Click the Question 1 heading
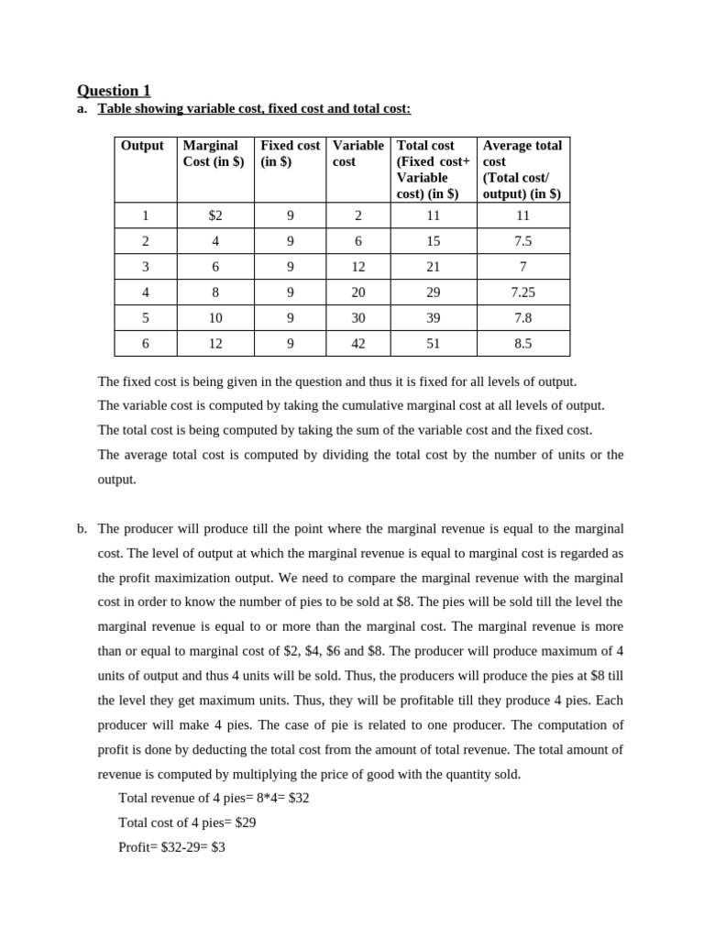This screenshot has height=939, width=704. (x=114, y=90)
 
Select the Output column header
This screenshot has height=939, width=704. (x=142, y=145)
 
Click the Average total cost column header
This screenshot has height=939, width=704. (x=522, y=170)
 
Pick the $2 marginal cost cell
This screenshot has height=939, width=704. (x=215, y=215)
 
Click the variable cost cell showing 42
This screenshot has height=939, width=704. (x=358, y=344)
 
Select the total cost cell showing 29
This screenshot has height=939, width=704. (x=434, y=293)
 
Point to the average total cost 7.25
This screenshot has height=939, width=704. (x=522, y=293)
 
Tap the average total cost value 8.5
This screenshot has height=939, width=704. (x=522, y=344)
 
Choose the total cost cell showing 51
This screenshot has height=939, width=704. (x=434, y=344)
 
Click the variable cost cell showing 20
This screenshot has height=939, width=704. (x=358, y=293)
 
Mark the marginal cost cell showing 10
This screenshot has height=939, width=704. (x=215, y=318)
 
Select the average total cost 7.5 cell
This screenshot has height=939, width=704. (x=522, y=241)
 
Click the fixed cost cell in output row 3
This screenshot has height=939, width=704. (x=290, y=267)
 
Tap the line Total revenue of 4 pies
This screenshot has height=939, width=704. (x=214, y=798)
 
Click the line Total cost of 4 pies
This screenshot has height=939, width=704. (x=187, y=823)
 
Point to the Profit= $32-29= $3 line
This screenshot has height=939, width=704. (x=172, y=847)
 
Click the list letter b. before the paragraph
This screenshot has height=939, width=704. (x=82, y=529)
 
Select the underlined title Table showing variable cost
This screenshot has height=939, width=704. (x=255, y=109)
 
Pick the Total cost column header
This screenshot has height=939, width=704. (x=434, y=170)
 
